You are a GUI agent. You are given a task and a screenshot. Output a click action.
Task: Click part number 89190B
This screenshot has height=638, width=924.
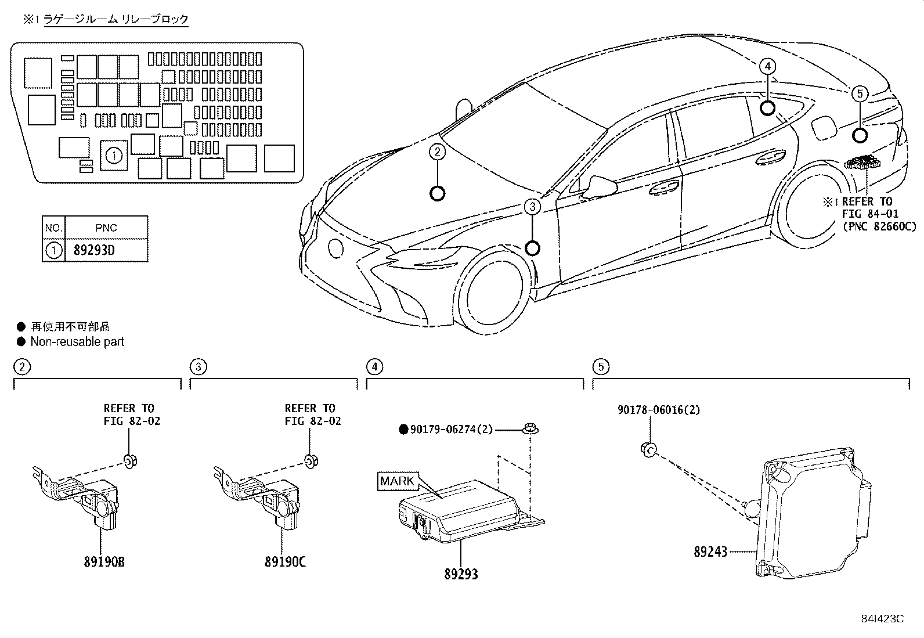(104, 561)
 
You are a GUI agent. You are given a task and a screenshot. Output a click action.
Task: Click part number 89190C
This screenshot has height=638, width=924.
(286, 561)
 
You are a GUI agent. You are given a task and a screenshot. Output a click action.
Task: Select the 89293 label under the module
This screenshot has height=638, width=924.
(461, 574)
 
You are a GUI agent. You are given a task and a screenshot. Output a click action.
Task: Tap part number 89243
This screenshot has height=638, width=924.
(710, 552)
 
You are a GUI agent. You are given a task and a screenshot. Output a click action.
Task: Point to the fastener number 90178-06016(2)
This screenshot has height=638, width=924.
(659, 410)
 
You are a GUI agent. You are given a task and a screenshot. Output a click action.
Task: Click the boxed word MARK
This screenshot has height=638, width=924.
(397, 481)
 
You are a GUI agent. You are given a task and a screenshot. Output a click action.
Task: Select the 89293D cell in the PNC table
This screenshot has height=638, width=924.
(94, 250)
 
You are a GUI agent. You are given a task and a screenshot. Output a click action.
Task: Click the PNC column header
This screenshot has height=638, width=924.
(106, 228)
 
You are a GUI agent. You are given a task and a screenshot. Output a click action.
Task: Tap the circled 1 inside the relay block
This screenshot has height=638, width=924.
(114, 156)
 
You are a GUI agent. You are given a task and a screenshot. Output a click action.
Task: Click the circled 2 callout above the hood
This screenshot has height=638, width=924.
(437, 152)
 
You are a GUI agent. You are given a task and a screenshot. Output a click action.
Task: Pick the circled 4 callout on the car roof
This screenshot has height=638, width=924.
(767, 66)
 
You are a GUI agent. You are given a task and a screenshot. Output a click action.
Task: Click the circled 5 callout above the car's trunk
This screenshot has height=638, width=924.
(860, 93)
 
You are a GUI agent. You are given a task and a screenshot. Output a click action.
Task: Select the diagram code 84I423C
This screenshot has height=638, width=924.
(882, 619)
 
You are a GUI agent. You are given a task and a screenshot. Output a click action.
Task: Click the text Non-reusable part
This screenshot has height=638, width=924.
(78, 342)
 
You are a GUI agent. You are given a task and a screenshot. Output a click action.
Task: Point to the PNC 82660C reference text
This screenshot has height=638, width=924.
(879, 226)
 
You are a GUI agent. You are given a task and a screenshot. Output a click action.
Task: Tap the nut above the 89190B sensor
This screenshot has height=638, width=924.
(131, 460)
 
